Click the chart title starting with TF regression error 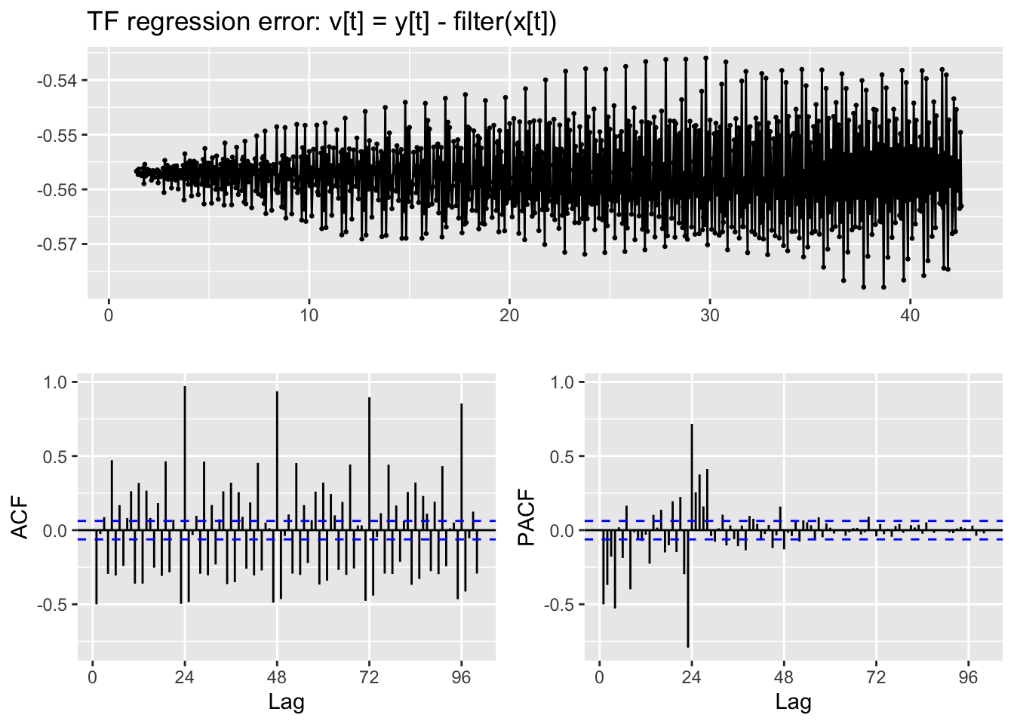click(x=322, y=23)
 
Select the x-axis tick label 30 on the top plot click(x=709, y=315)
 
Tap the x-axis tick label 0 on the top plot click(x=109, y=315)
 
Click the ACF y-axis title click(x=20, y=517)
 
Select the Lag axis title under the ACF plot click(x=287, y=703)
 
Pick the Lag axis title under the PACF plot click(x=793, y=703)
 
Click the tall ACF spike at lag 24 click(x=185, y=452)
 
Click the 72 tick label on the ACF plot click(x=369, y=677)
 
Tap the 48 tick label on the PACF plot click(x=784, y=677)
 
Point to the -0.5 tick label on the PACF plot click(x=562, y=605)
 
